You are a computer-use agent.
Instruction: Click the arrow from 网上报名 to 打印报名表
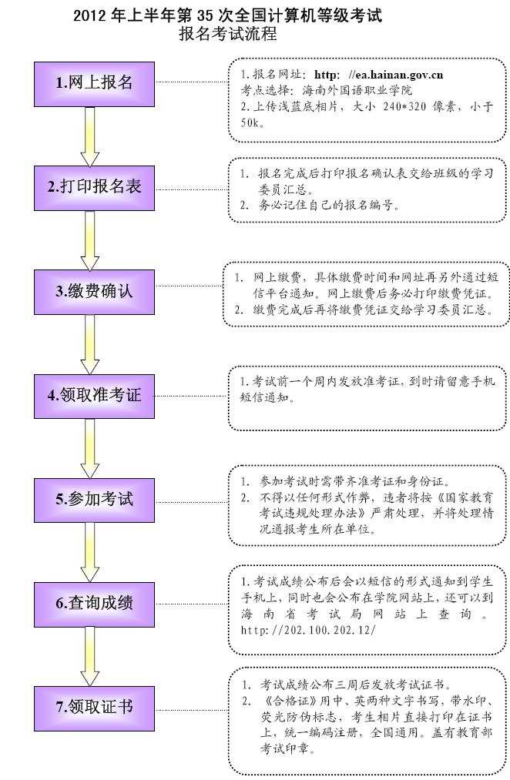[90, 136]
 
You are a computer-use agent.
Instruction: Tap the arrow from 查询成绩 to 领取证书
[90, 654]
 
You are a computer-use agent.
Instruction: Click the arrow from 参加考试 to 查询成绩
[90, 551]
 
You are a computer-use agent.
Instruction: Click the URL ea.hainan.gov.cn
[398, 75]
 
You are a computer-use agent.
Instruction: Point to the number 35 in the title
[206, 15]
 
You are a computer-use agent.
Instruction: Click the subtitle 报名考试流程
[227, 35]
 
